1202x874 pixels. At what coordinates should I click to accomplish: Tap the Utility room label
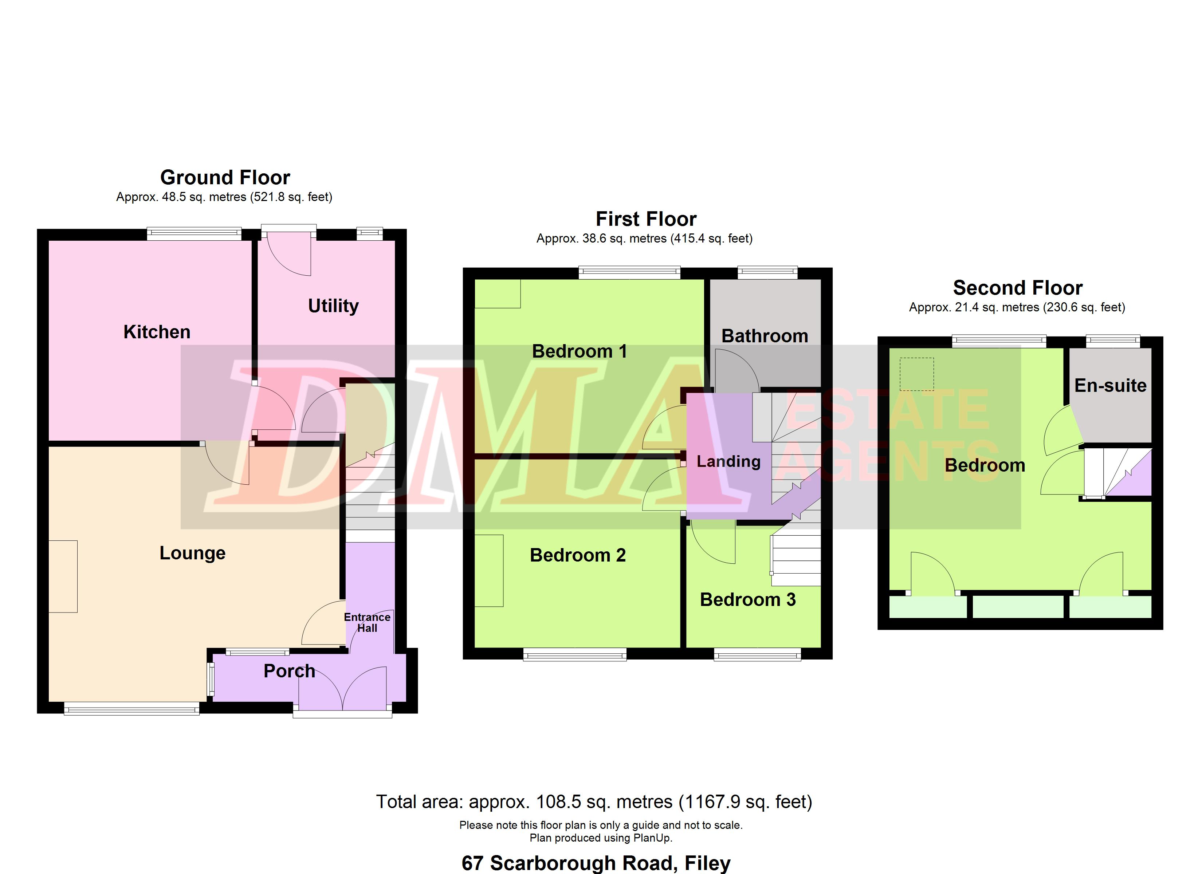(x=333, y=306)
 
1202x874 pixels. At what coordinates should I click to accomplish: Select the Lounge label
(x=192, y=553)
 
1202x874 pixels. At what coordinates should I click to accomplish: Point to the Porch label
(x=289, y=671)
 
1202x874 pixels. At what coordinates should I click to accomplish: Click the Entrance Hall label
(x=367, y=622)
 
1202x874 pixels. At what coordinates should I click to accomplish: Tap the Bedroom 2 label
(x=578, y=555)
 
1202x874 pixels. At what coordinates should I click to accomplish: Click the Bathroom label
(x=765, y=336)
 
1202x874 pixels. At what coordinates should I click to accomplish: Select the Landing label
(x=729, y=462)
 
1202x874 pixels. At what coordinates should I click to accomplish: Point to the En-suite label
(x=1110, y=385)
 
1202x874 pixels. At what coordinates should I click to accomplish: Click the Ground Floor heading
(x=225, y=177)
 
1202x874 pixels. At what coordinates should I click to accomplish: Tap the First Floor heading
(x=646, y=219)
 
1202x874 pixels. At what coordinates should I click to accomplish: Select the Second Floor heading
(x=1018, y=288)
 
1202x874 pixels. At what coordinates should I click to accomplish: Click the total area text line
(x=594, y=802)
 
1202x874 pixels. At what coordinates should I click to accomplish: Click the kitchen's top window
(x=194, y=234)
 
